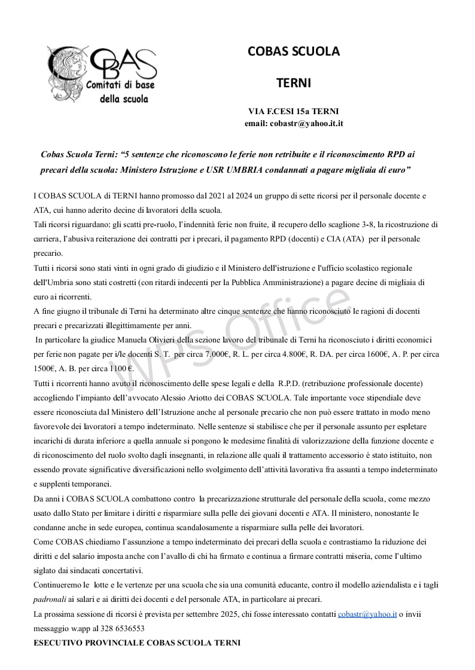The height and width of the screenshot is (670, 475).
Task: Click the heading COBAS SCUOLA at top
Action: point(293,51)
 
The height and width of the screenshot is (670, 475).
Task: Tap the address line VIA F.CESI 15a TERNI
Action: point(293,111)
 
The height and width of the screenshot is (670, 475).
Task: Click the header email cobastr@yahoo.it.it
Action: point(293,123)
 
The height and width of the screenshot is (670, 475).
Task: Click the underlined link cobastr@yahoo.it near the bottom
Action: point(367,614)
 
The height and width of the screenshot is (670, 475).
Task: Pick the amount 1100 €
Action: point(121,369)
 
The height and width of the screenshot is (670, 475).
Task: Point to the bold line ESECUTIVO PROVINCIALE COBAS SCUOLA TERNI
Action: point(136,643)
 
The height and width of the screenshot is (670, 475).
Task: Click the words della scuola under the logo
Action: point(123,99)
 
